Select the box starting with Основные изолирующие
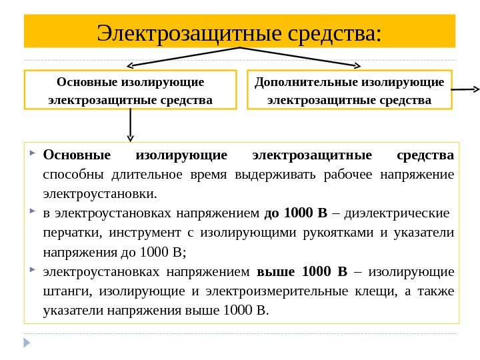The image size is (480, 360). pyautogui.click(x=131, y=90)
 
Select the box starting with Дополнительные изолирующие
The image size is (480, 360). pyautogui.click(x=349, y=90)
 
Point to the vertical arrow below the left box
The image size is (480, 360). pyautogui.click(x=131, y=125)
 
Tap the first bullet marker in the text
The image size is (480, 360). pyautogui.click(x=33, y=155)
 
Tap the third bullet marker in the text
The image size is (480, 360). pyautogui.click(x=33, y=271)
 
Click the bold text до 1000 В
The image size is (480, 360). pyautogui.click(x=296, y=214)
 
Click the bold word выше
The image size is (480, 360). pyautogui.click(x=275, y=272)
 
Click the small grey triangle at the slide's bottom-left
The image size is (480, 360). pyautogui.click(x=27, y=343)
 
